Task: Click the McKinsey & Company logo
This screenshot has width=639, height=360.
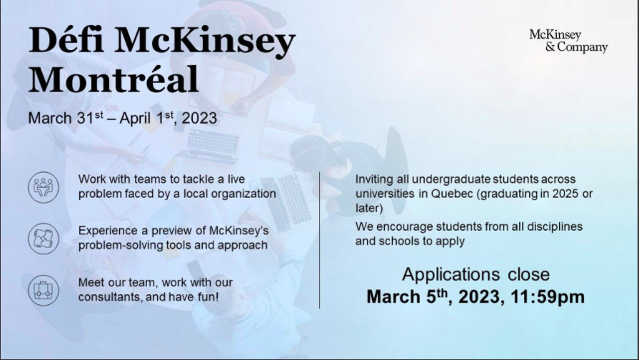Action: [568, 41]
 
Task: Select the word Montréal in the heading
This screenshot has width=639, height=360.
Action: [114, 79]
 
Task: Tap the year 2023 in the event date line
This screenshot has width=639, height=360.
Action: [199, 119]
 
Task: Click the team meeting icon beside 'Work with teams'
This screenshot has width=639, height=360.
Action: [44, 188]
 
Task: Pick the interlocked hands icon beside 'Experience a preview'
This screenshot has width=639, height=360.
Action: [44, 239]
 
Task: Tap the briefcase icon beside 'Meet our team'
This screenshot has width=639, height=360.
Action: [44, 290]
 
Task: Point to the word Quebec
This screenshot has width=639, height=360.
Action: [453, 194]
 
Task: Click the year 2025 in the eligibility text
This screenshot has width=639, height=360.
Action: [565, 194]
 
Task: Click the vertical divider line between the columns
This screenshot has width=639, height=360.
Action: [320, 240]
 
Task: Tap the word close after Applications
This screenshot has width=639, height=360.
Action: [528, 274]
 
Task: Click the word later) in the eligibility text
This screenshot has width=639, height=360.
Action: [369, 209]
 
